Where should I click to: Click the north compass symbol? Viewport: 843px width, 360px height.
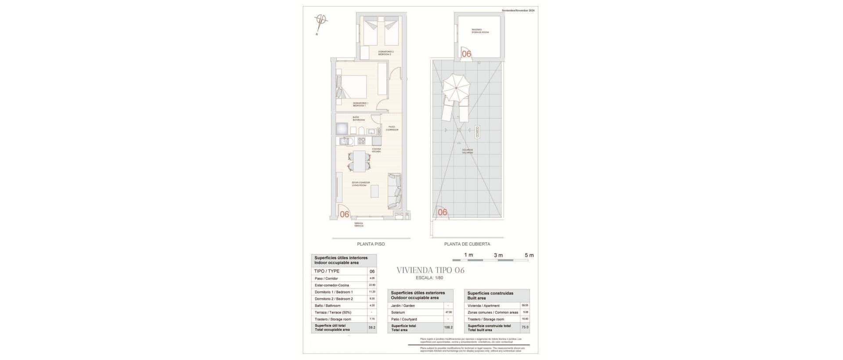click(x=320, y=21)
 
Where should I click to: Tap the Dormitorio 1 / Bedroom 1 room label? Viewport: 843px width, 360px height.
click(x=360, y=104)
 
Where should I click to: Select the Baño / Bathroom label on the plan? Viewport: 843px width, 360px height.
click(x=358, y=119)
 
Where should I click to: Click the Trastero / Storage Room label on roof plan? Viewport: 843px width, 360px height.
click(x=479, y=31)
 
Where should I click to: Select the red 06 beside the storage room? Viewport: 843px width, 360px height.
click(x=466, y=54)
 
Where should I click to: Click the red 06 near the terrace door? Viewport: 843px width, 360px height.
click(x=345, y=215)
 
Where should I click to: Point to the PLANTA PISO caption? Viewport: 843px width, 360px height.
click(x=371, y=244)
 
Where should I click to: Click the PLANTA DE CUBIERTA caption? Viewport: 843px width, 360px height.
click(x=467, y=244)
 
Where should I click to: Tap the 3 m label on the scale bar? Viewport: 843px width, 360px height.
click(x=498, y=255)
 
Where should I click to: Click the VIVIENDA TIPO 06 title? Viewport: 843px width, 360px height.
click(x=430, y=270)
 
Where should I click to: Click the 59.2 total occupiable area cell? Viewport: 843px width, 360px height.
click(x=372, y=328)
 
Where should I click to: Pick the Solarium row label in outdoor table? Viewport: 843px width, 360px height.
click(x=398, y=313)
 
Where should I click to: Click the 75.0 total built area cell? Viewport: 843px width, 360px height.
click(x=525, y=328)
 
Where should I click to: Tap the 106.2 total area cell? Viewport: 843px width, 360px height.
click(x=448, y=328)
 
